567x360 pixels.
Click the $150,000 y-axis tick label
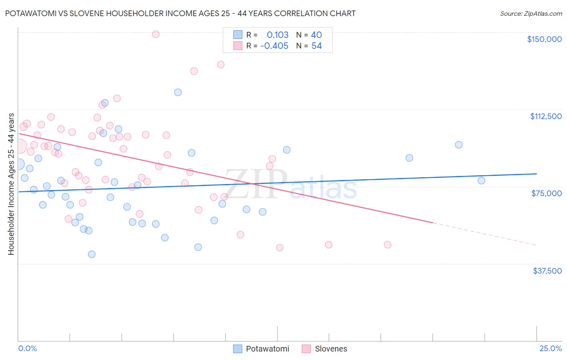(544, 39)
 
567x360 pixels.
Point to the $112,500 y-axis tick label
(546, 116)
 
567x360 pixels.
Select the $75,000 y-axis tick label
(546, 193)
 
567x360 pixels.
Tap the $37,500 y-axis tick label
(547, 271)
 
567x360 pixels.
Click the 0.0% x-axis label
(27, 348)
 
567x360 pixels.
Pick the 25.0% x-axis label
(550, 348)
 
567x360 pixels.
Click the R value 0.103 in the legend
(277, 35)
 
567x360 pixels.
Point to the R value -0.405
(274, 46)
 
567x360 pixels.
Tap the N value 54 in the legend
(317, 46)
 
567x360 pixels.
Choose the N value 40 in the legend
(316, 35)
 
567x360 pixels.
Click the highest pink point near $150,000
(156, 34)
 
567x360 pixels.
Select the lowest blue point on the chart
(92, 254)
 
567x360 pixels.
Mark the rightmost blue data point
(481, 180)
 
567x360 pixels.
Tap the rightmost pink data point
(388, 245)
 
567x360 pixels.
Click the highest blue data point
(178, 92)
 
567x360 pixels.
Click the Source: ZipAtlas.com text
(531, 13)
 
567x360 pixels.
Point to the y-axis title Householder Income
(11, 184)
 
